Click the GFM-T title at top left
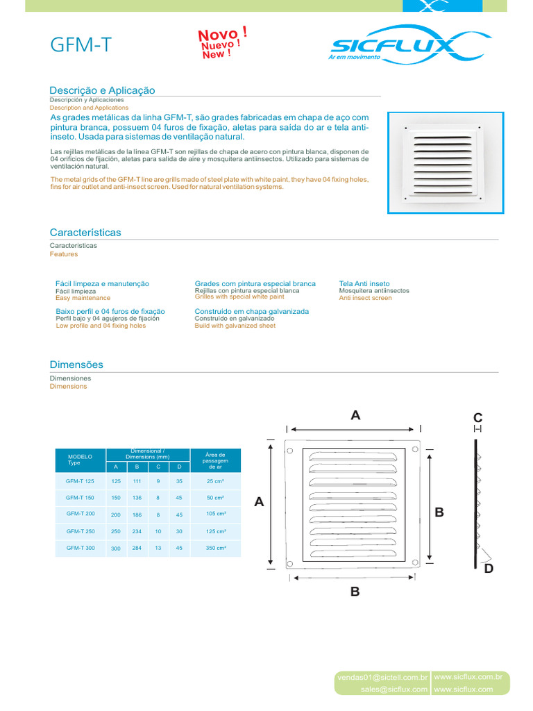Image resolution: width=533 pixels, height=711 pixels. tap(81, 46)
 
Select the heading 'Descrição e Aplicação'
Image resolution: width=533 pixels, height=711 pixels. tap(102, 90)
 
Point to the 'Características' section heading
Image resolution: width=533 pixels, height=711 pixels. tap(85, 233)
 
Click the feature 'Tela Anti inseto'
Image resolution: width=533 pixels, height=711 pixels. tap(364, 283)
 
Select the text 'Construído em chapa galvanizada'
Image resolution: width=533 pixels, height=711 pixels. tap(252, 311)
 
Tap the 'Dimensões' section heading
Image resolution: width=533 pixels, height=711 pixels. tap(76, 365)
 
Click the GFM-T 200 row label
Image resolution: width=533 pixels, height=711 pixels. tap(81, 514)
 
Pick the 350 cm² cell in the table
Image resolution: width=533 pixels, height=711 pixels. tap(215, 548)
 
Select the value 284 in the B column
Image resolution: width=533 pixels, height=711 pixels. tap(137, 549)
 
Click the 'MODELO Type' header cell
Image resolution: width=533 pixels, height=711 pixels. tap(80, 460)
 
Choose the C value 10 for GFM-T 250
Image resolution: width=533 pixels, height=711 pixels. tap(158, 531)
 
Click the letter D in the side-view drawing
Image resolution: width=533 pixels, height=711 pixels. tap(489, 569)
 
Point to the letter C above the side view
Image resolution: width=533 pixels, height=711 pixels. tap(477, 417)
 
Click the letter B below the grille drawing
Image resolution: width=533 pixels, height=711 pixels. tap(355, 592)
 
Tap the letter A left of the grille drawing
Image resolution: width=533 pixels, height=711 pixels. tap(260, 501)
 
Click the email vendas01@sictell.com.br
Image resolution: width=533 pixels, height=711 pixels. tap(381, 677)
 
